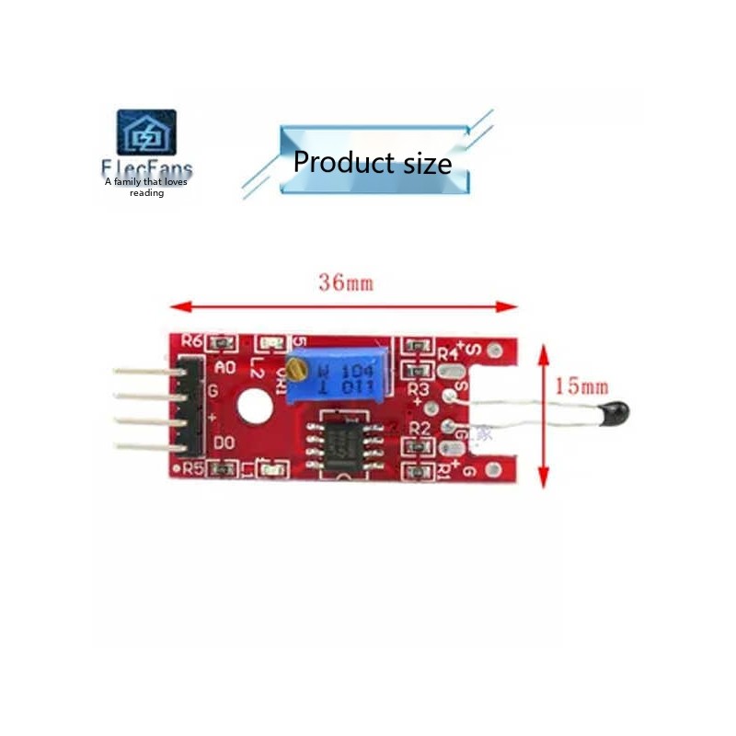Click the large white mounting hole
coord(254,406)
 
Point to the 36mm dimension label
coord(346,282)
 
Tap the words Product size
coord(373,163)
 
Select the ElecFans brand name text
coord(147,170)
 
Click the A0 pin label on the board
coord(225,367)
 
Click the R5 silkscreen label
coord(191,468)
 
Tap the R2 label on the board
coord(420,429)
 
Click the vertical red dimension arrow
coord(543,413)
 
